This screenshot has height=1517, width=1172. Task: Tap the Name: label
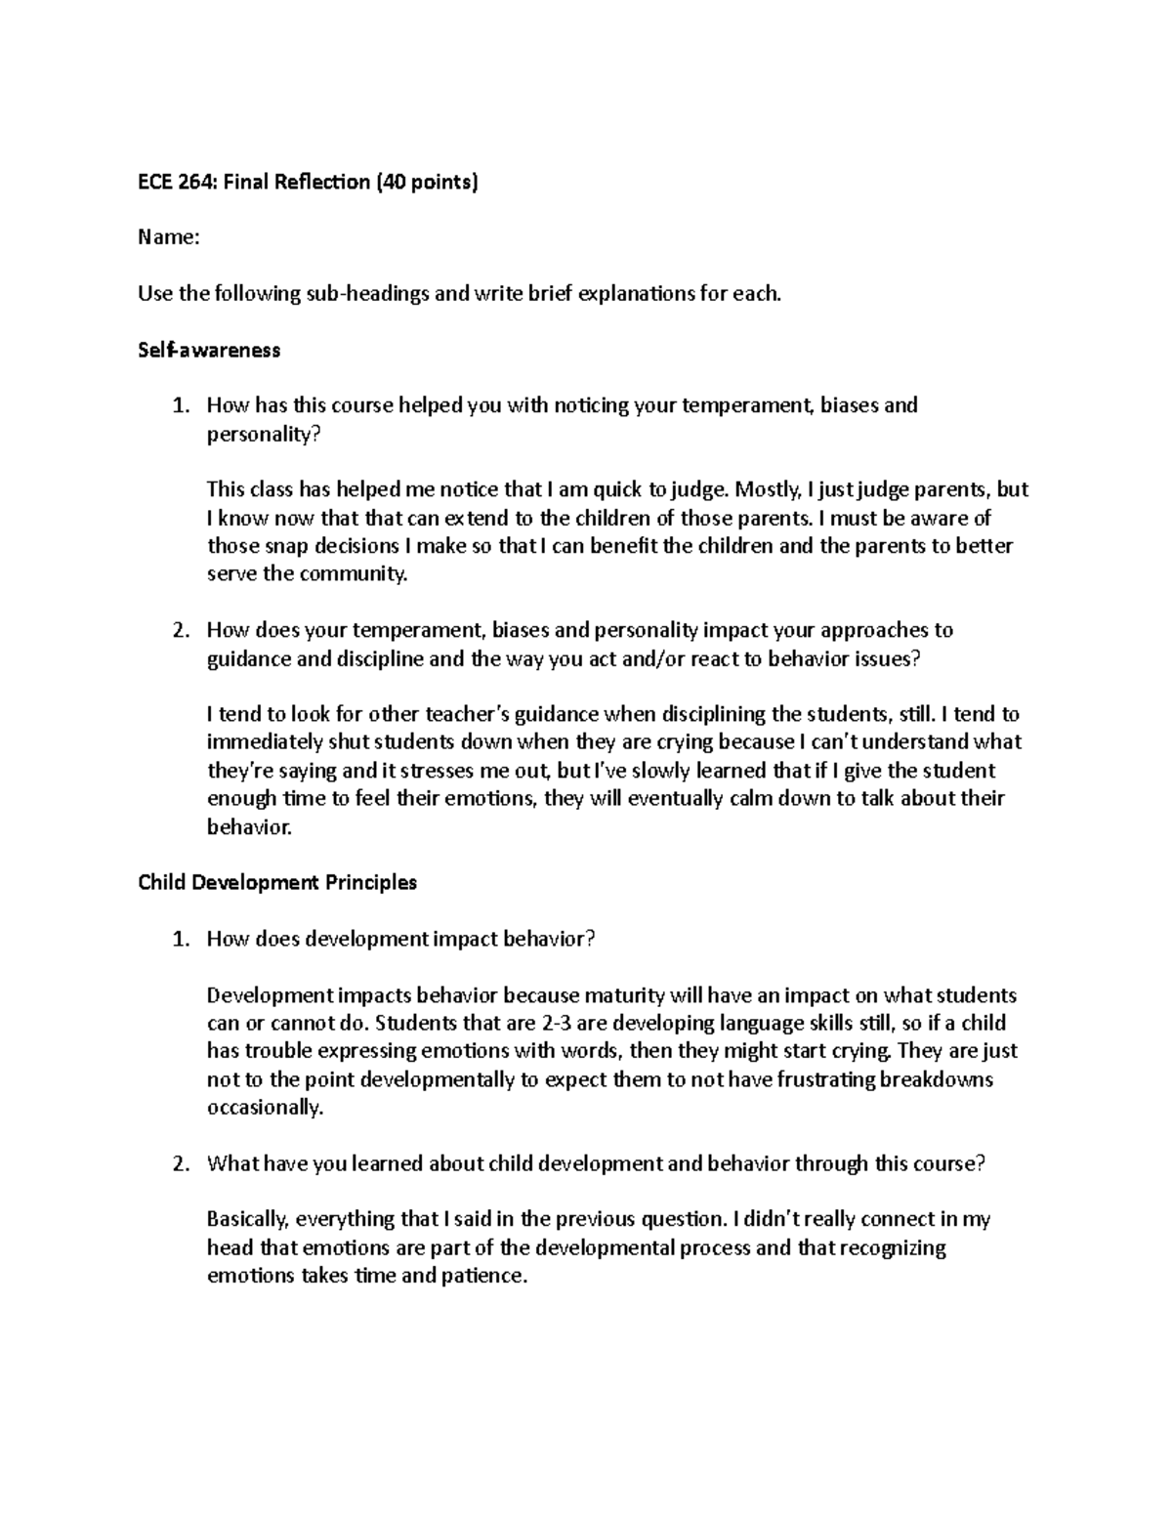click(x=168, y=237)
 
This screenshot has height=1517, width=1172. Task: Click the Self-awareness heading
click(x=209, y=350)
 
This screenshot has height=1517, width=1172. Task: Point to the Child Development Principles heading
click(x=277, y=882)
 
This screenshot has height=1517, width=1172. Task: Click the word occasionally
click(x=264, y=1108)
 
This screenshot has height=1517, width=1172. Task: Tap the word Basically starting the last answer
click(x=248, y=1219)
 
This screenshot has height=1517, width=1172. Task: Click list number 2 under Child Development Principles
click(x=179, y=1163)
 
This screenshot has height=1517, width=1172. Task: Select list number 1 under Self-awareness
click(x=179, y=405)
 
